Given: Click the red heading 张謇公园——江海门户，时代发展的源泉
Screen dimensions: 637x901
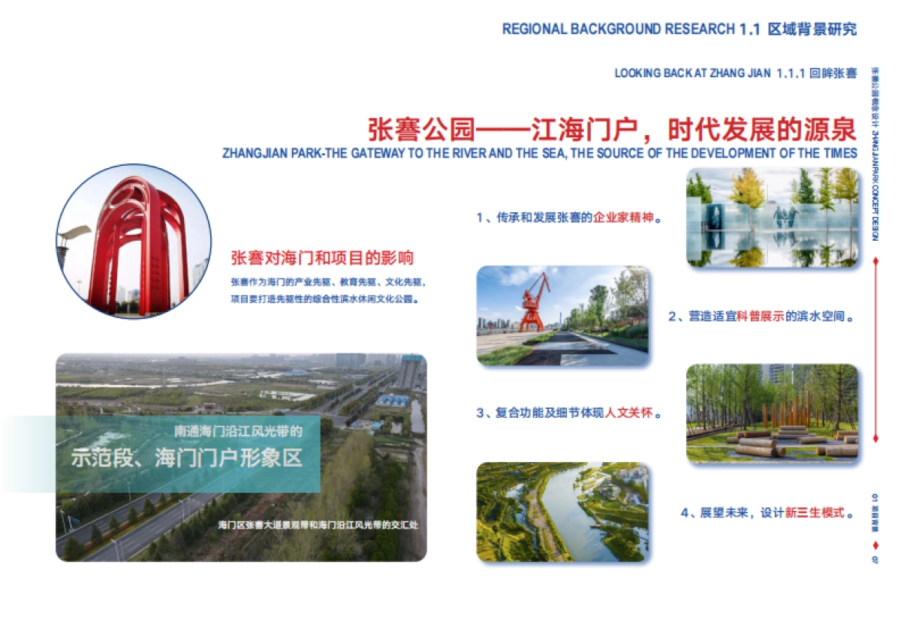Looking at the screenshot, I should click(x=612, y=129).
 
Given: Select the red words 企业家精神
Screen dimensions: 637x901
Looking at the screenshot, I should click(x=623, y=218).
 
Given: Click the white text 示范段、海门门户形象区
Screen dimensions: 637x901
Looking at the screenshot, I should click(x=187, y=458).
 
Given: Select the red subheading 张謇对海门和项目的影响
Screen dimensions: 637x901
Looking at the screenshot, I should click(x=322, y=259).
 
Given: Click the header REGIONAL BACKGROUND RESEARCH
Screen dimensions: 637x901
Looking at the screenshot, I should click(x=618, y=29).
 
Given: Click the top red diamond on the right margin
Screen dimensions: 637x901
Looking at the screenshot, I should click(x=875, y=261).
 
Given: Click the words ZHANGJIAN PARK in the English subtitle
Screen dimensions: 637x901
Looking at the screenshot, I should click(x=271, y=153).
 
